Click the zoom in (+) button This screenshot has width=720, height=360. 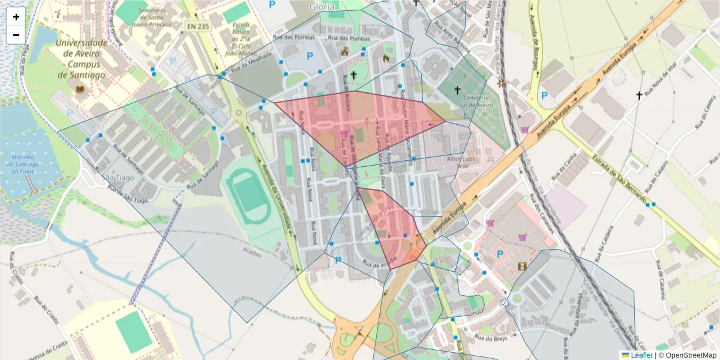(16, 17)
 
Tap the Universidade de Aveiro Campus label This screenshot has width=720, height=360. (82, 59)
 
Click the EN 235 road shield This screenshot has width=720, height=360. (198, 26)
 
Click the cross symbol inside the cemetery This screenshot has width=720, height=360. (458, 90)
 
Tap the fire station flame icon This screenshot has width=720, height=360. (385, 58)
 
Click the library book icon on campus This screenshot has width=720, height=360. (79, 90)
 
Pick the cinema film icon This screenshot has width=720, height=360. (521, 265)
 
